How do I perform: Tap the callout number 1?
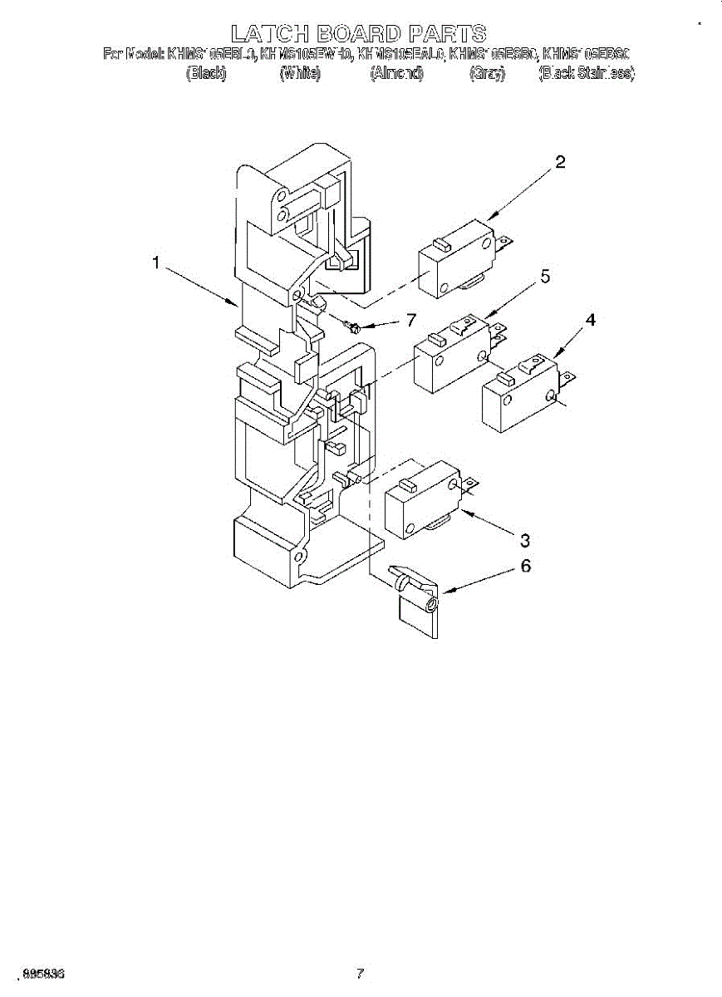(x=155, y=263)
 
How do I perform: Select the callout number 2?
(x=560, y=162)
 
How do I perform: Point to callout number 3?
(x=524, y=541)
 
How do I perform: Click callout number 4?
(x=590, y=319)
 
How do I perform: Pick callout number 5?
(x=545, y=277)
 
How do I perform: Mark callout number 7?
(x=409, y=321)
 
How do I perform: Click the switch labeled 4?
(x=519, y=395)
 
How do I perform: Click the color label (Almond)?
(x=396, y=73)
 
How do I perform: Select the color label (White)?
(x=301, y=73)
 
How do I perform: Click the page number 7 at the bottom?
(x=360, y=973)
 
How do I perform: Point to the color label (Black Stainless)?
(x=587, y=73)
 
